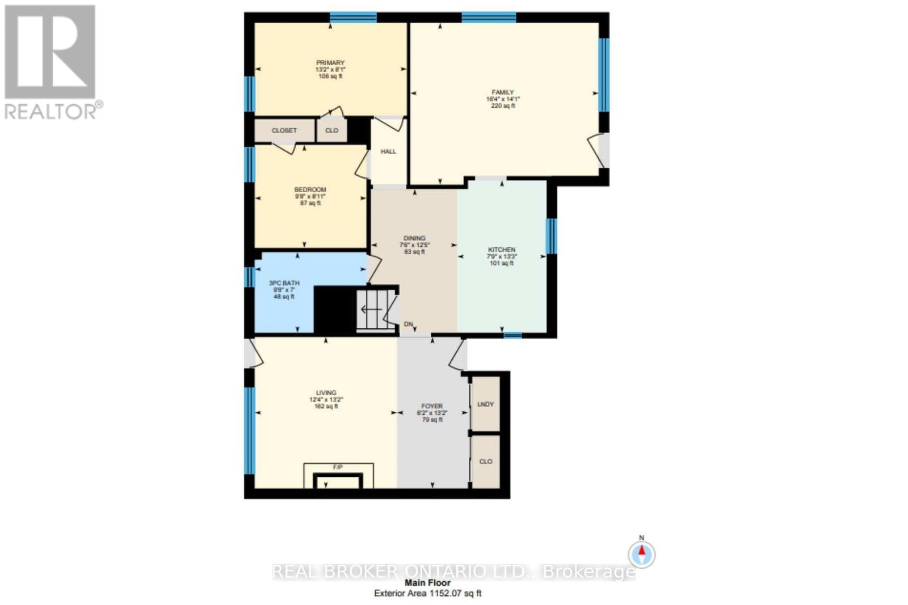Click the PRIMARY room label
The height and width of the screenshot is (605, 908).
[330, 63]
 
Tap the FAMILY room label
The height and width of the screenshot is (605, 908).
[503, 92]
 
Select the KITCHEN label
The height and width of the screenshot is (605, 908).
[502, 249]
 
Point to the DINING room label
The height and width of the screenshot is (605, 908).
[414, 238]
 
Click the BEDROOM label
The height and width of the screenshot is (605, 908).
[310, 189]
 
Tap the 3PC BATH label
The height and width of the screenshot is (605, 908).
[284, 283]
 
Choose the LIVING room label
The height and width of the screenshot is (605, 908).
[326, 392]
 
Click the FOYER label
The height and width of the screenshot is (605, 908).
[432, 406]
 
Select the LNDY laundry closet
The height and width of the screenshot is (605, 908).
[486, 404]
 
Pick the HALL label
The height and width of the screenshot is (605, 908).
[388, 151]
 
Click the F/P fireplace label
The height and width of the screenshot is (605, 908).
[338, 467]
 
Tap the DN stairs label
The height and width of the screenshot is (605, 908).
[408, 324]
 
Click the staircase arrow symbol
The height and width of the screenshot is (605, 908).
[371, 310]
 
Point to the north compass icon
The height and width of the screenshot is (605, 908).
[642, 553]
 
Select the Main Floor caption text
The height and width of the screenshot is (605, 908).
[427, 582]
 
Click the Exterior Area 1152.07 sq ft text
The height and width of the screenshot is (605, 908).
[427, 593]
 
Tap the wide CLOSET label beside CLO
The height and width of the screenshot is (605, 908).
[284, 130]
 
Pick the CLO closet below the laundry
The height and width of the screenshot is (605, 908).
[486, 462]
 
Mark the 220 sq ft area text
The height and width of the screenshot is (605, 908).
[503, 105]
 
